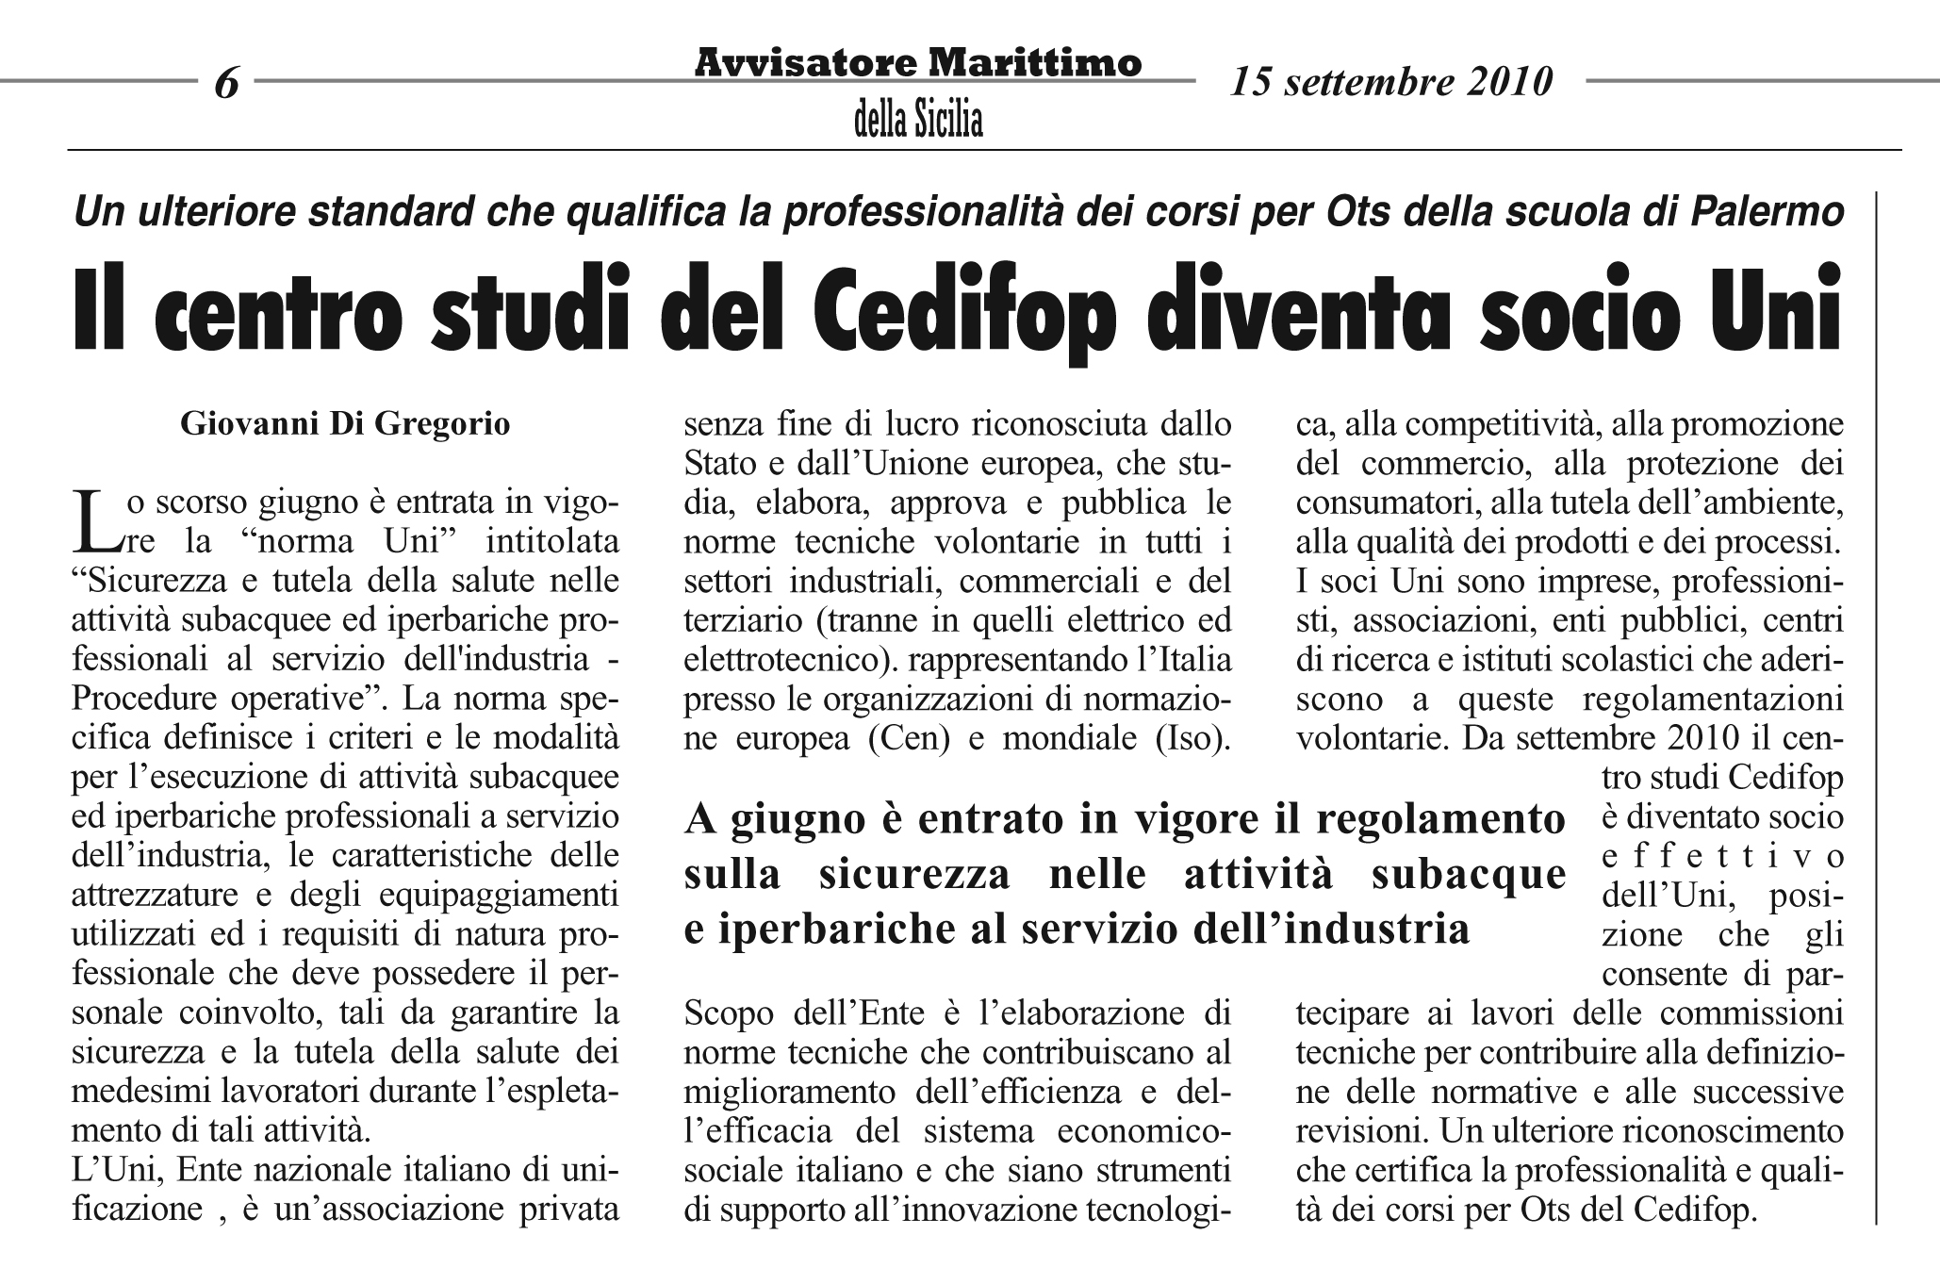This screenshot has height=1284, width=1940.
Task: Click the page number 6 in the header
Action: tap(226, 84)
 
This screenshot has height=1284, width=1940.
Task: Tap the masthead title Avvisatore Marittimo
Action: tap(918, 63)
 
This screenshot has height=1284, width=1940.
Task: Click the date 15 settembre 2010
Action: tap(1391, 83)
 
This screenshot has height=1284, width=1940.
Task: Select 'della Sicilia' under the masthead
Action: tap(918, 121)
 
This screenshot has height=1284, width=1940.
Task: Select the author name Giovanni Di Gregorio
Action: tap(345, 424)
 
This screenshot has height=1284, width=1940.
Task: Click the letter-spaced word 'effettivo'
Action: tap(1722, 857)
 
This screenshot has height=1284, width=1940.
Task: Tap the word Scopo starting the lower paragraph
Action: tap(729, 1014)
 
